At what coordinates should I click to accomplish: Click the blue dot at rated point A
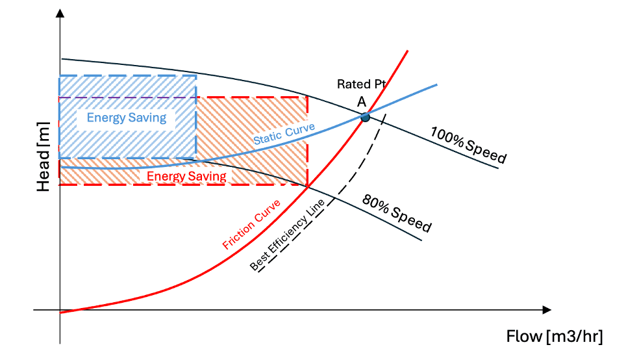coord(365,117)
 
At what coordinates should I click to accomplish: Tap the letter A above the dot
coord(361,101)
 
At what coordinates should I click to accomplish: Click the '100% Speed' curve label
coord(468,144)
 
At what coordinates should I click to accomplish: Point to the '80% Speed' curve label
coord(397,212)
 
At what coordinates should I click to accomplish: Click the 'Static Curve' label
coord(284,133)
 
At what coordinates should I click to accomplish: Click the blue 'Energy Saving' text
coord(127,118)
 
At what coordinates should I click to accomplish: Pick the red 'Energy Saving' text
coord(186,176)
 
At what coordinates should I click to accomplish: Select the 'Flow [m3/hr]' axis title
coord(555,337)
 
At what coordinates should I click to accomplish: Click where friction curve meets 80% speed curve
coord(307,187)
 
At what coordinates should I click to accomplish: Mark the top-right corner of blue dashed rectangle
coord(196,76)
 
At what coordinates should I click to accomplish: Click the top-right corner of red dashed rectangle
coord(307,98)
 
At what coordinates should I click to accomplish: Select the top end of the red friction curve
coord(408,50)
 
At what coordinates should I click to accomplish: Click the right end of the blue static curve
coord(436,84)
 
